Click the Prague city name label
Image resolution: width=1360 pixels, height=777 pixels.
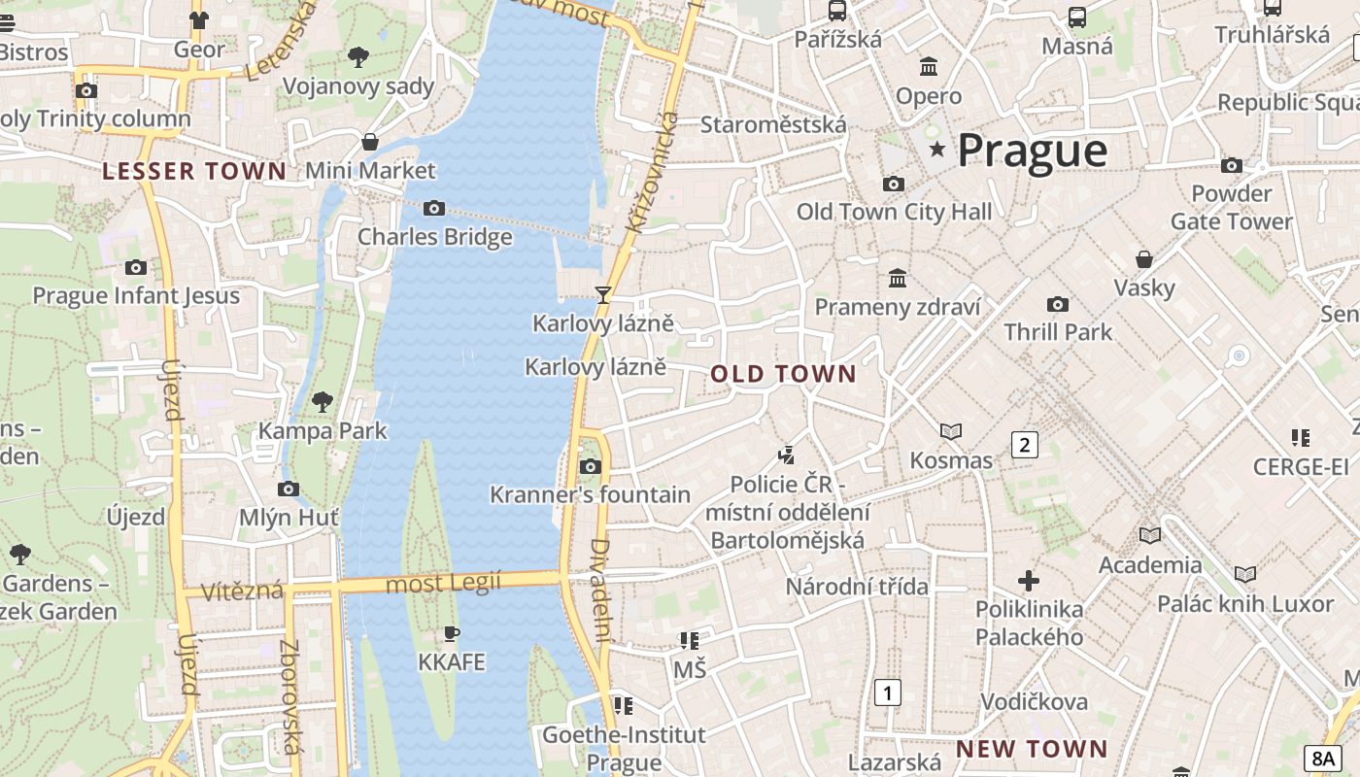coord(1032,151)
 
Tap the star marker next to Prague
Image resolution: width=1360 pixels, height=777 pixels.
coord(937,149)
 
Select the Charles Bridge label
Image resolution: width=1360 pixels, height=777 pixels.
coord(434,237)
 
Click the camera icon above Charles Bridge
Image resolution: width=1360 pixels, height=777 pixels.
coord(434,208)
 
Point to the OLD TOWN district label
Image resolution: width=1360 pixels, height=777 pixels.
coord(783,374)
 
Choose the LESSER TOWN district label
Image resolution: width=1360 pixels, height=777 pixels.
coord(194,172)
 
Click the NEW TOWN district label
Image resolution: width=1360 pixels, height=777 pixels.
coord(1032,749)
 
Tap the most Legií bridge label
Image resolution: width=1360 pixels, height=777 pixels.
coord(443,583)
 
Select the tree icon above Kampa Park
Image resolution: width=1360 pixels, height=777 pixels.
coord(322,401)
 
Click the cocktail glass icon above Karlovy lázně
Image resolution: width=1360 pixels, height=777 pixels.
coord(603,294)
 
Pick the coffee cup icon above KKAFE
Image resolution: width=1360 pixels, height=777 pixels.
coord(451,633)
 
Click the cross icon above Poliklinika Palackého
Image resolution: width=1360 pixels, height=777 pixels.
coord(1029,581)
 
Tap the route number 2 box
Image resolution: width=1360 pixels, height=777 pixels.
coord(1024,445)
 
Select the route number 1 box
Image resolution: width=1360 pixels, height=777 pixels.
coord(887,693)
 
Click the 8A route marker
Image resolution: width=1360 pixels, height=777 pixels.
coord(1323,759)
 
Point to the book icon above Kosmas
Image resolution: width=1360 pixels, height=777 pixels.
coord(951,431)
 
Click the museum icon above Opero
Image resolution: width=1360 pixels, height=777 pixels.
coord(929,67)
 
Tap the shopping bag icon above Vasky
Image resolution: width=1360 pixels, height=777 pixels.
coord(1144,259)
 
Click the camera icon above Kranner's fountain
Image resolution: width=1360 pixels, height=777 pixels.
coord(590,466)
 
